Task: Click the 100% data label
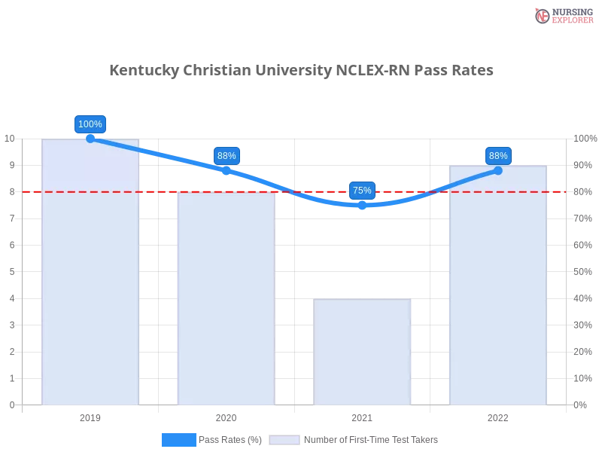point(90,124)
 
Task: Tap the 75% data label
point(362,191)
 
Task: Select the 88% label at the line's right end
point(498,156)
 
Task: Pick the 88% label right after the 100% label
point(227,156)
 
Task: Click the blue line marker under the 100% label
point(90,138)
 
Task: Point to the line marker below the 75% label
point(362,204)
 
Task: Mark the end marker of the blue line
point(498,170)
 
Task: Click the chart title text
point(301,71)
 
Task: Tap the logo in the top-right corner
point(562,16)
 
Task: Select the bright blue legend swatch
point(179,439)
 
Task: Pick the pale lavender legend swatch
point(284,439)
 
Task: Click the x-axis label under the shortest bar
point(362,416)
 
